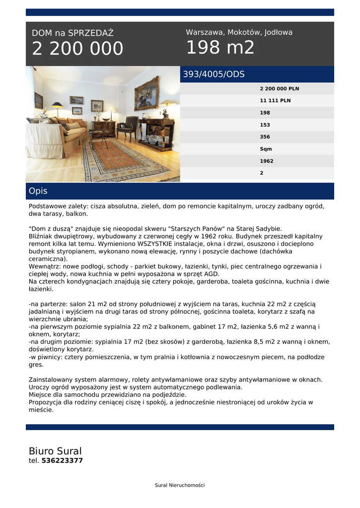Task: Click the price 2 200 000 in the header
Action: [77, 49]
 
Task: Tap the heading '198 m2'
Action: [220, 48]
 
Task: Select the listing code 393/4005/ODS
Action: [214, 74]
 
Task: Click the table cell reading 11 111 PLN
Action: [275, 101]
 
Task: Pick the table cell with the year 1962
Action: [266, 161]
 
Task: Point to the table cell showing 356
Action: [265, 137]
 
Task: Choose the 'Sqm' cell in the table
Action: [266, 149]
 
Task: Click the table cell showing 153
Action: [265, 125]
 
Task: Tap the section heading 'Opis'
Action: [38, 191]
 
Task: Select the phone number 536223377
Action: [62, 460]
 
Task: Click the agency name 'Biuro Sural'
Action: [55, 451]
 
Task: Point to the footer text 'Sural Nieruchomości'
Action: [180, 485]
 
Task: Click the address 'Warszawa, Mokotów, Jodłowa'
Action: [239, 32]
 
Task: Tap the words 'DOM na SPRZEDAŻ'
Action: [72, 33]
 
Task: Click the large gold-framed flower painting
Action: [146, 93]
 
